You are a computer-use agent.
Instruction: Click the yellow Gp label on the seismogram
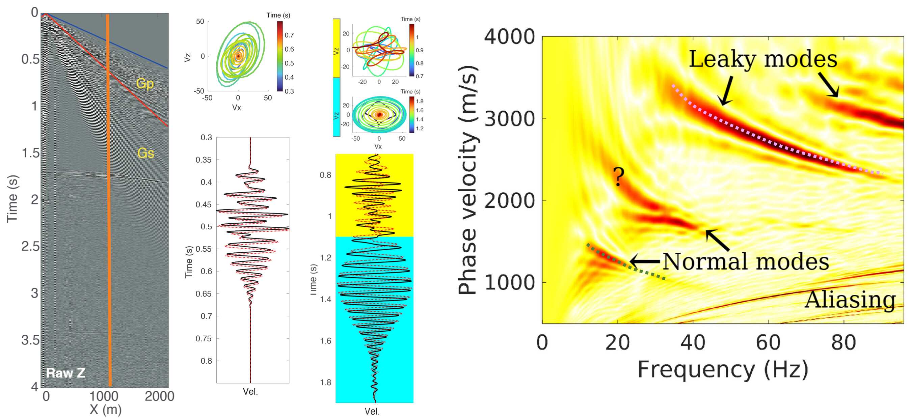click(145, 84)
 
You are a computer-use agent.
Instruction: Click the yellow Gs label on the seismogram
click(145, 153)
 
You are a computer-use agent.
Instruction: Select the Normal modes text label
click(746, 261)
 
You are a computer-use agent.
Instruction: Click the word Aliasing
click(850, 299)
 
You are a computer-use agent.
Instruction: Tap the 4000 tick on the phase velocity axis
click(509, 36)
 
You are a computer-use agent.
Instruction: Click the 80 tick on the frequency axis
click(843, 342)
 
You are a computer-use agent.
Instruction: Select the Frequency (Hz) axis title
click(723, 369)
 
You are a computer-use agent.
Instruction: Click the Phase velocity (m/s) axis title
click(468, 180)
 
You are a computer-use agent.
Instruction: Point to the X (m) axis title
click(105, 410)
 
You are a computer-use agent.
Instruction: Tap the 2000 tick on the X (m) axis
click(159, 396)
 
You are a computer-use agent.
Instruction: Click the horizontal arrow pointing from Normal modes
click(645, 261)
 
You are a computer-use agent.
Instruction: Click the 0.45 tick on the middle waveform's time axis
click(203, 204)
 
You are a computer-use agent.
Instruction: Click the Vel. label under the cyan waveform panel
click(372, 411)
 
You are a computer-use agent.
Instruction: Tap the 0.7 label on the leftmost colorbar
click(289, 35)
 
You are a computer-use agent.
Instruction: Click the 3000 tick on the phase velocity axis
click(509, 119)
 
